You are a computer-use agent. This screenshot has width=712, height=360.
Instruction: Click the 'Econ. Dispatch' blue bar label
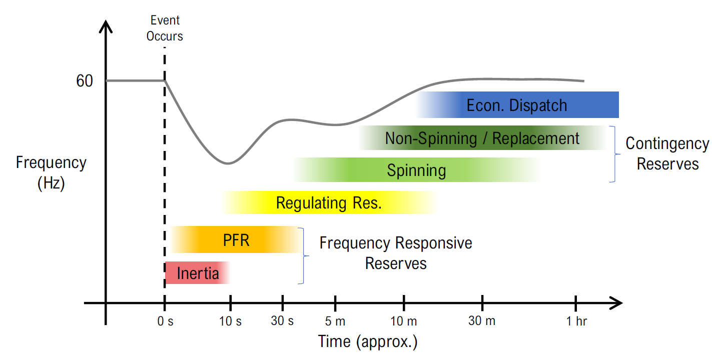[516, 105]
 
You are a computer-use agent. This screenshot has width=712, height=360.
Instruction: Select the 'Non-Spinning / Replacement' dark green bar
[483, 138]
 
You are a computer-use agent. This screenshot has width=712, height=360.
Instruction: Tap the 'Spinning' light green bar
[416, 170]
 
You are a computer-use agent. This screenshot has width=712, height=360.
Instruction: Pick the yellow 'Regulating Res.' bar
[330, 202]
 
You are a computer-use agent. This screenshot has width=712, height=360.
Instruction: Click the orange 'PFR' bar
[236, 239]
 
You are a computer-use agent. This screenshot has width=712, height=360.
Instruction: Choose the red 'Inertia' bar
[198, 272]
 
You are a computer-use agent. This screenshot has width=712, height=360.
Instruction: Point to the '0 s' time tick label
[165, 321]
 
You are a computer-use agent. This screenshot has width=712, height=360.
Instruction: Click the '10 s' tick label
[230, 321]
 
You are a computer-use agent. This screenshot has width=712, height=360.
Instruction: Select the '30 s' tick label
[282, 321]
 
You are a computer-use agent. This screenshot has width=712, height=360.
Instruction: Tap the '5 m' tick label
[335, 321]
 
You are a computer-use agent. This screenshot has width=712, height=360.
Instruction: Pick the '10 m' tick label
[404, 321]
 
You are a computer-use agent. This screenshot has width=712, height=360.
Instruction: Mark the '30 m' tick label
[482, 321]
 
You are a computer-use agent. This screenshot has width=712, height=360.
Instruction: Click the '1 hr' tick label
[576, 321]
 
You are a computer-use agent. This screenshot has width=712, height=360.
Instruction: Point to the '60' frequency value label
[85, 80]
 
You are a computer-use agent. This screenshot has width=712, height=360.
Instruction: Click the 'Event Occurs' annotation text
[165, 28]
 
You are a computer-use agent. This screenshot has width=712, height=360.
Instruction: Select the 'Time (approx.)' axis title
[368, 342]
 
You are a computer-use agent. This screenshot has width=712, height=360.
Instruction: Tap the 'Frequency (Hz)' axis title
[51, 173]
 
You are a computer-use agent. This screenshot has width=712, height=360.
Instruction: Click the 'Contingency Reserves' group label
[667, 154]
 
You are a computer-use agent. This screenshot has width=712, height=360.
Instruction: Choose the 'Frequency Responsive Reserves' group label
[396, 253]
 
